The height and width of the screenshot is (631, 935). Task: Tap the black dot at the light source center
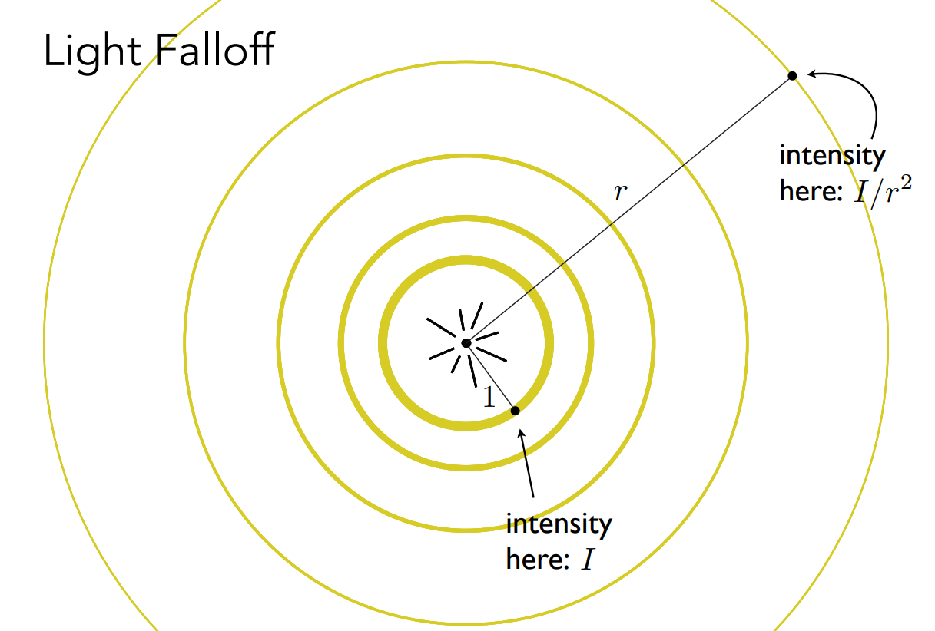point(466,344)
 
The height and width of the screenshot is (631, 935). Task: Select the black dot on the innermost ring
point(516,411)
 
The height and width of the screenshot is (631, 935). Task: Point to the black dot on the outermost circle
point(792,76)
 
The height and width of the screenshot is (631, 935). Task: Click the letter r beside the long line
point(620,192)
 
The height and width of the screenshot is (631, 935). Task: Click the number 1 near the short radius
point(489,397)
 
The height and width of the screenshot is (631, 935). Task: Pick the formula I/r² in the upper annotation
point(884,190)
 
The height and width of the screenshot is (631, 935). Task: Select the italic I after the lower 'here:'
point(588,560)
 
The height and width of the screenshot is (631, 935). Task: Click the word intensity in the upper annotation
point(832,156)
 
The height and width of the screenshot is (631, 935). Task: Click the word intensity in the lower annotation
point(559,525)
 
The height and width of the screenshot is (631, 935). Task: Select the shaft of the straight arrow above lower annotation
point(529,468)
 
